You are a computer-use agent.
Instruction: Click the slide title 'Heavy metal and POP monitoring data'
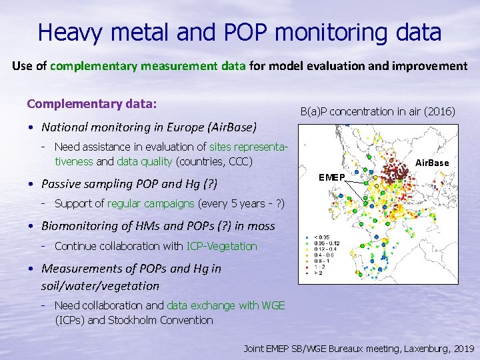click(x=239, y=31)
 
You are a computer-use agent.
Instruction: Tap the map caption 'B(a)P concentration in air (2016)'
click(x=377, y=111)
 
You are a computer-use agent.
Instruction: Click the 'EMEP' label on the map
click(x=331, y=177)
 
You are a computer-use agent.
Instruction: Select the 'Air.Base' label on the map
click(x=432, y=163)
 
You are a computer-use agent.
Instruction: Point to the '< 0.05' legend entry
click(x=320, y=236)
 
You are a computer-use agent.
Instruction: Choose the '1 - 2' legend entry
click(x=318, y=267)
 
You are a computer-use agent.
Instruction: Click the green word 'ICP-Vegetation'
click(x=221, y=246)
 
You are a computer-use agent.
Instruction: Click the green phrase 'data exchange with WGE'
click(x=225, y=305)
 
